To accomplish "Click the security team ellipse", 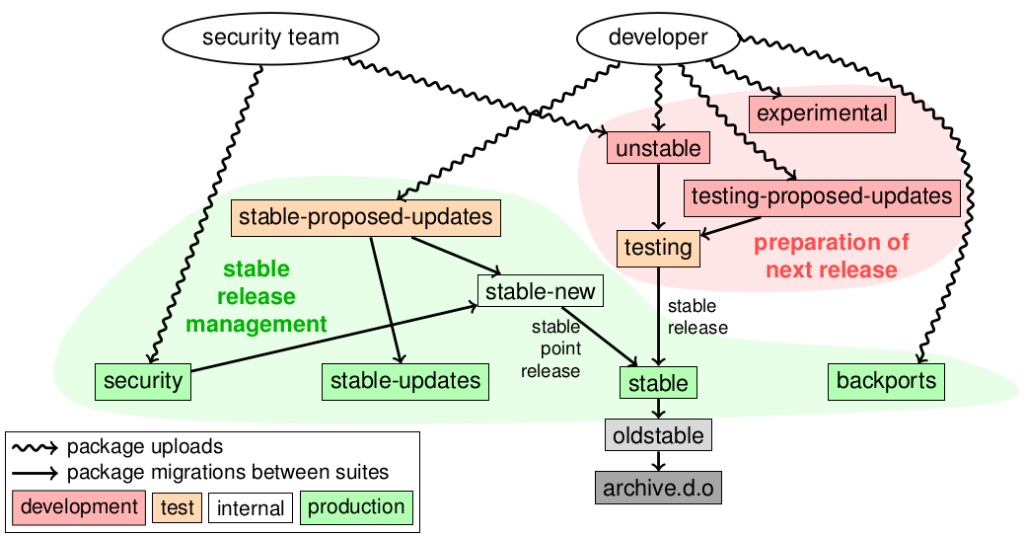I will click(270, 39).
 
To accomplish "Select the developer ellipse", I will click(658, 39).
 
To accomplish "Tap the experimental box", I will click(822, 114).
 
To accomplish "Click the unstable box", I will click(658, 149).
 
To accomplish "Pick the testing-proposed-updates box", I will click(821, 195).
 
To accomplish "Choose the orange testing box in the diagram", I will click(658, 247).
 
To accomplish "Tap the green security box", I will click(143, 381).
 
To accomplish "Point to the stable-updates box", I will click(405, 381).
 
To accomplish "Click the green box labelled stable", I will click(658, 381).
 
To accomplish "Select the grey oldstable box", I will click(658, 434).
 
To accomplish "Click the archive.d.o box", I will click(658, 487).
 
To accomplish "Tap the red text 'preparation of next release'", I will click(832, 256).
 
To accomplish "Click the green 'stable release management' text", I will click(256, 296).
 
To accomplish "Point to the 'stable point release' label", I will click(554, 347).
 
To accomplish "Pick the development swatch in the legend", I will click(79, 507).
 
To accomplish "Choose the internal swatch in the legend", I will click(251, 509).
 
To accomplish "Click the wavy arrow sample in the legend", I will click(36, 446).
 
